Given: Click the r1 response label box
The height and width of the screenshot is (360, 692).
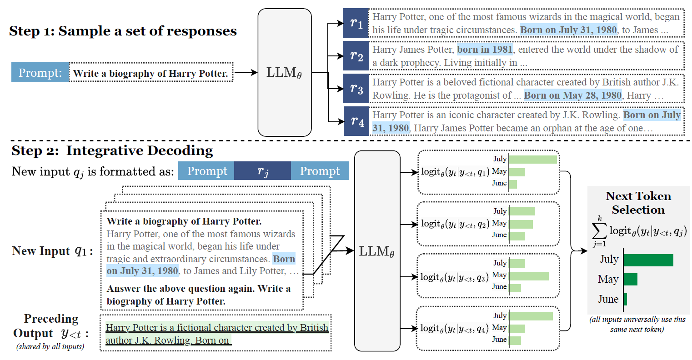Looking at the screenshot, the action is (x=356, y=23).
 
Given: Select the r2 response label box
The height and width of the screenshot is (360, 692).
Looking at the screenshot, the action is (x=356, y=55).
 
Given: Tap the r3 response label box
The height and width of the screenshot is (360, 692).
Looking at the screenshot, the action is (x=356, y=88).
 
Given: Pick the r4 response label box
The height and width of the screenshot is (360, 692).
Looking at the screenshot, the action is (x=356, y=121).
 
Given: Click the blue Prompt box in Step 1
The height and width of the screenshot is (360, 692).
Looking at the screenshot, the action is (x=40, y=73).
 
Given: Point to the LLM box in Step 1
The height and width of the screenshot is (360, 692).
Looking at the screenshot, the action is (x=285, y=72).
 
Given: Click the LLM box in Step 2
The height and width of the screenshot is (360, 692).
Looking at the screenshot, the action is (x=377, y=251).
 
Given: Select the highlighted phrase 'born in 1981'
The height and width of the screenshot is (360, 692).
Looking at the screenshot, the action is (x=485, y=50).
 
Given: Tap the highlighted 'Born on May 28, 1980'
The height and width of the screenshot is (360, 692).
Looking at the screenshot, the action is (x=573, y=95).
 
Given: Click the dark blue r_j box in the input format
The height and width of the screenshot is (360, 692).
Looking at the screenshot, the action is (x=263, y=171).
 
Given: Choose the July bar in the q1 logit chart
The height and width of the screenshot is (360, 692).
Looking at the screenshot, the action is (x=533, y=160).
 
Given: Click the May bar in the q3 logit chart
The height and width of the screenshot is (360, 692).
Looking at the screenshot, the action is (x=529, y=276).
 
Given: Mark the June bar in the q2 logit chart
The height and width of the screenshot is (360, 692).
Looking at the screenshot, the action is (x=517, y=236).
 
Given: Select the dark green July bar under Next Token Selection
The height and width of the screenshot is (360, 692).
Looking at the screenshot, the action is (x=648, y=260).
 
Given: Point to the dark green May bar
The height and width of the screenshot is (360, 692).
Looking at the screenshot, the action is (x=631, y=279).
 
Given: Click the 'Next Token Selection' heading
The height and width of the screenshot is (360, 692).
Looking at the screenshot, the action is (x=638, y=203).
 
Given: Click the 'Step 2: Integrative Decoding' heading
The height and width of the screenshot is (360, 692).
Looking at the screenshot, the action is (x=112, y=150).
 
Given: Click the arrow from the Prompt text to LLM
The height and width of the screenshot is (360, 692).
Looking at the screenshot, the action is (x=246, y=73).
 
